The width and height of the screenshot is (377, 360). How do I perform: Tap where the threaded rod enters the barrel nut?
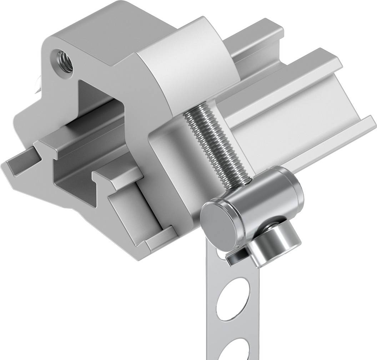(x=246, y=182)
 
